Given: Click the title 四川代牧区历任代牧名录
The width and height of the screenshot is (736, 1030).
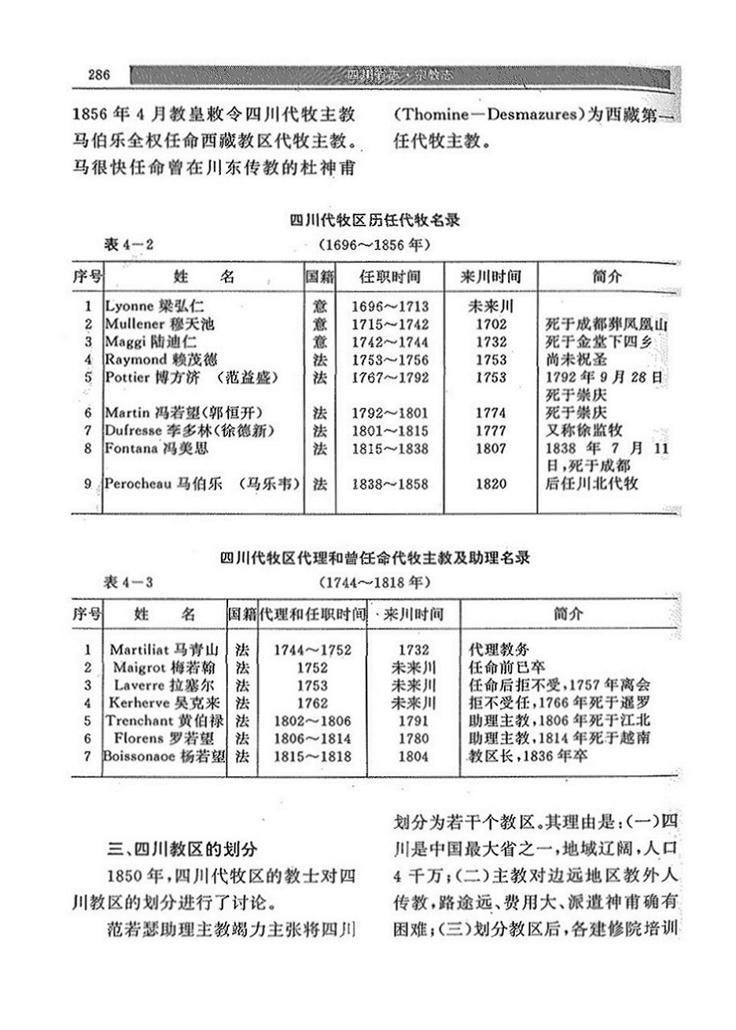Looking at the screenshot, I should pos(374,221).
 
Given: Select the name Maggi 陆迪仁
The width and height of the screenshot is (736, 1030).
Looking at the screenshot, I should pos(150,342).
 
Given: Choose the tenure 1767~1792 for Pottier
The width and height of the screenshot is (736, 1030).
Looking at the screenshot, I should pos(390,377).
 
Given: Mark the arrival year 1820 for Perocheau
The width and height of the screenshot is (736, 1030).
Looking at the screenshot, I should pos(491,484).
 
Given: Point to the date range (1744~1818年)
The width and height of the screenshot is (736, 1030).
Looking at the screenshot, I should pos(374,583).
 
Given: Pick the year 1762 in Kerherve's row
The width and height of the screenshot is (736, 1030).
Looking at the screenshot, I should pos(312,703).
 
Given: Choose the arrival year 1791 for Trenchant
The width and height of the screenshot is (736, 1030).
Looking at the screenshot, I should pos(414,720).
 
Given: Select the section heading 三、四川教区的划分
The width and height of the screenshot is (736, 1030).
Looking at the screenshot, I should pos(182,848).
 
